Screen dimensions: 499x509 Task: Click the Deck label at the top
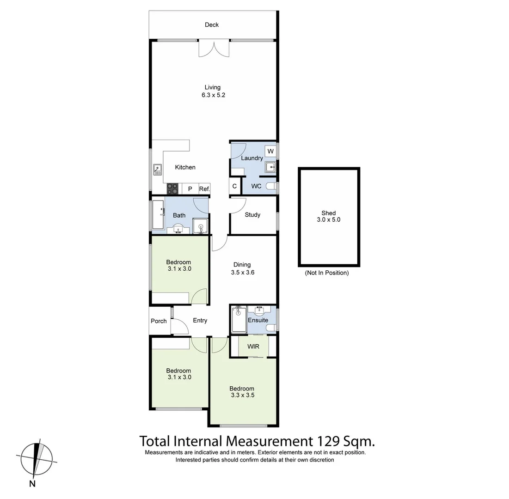pyautogui.click(x=212, y=25)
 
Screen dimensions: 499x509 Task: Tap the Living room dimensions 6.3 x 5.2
pyautogui.click(x=213, y=95)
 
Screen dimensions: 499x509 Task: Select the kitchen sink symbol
pyautogui.click(x=157, y=170)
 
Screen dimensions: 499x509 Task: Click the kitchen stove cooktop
pyautogui.click(x=173, y=189)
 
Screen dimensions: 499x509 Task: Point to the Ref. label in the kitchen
pyautogui.click(x=204, y=189)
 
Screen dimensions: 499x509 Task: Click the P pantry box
pyautogui.click(x=190, y=189)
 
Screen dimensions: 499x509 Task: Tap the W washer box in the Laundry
pyautogui.click(x=270, y=152)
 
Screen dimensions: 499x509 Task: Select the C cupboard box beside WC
pyautogui.click(x=234, y=186)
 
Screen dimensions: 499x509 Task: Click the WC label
pyautogui.click(x=256, y=186)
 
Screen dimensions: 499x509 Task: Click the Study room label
pyautogui.click(x=252, y=215)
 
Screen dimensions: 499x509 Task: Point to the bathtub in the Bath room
pyautogui.click(x=158, y=215)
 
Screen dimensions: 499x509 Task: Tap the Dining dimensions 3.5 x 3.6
pyautogui.click(x=243, y=273)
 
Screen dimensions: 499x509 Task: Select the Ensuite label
pyautogui.click(x=258, y=320)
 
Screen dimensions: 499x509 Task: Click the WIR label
pyautogui.click(x=253, y=346)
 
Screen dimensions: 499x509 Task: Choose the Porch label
pyautogui.click(x=159, y=321)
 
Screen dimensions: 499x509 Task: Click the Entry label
pyautogui.click(x=200, y=321)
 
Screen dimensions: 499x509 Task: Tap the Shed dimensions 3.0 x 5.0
pyautogui.click(x=329, y=220)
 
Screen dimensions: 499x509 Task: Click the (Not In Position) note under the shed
pyautogui.click(x=326, y=273)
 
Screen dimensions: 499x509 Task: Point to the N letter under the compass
pyautogui.click(x=32, y=484)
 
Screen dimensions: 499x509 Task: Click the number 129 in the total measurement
pyautogui.click(x=329, y=441)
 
